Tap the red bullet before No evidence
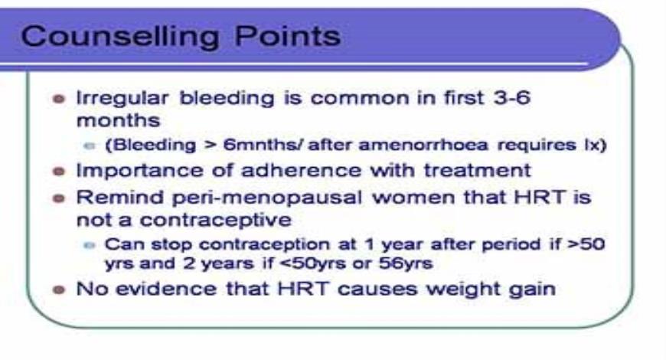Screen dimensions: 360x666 coord(58,291)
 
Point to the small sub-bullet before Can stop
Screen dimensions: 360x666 coord(90,246)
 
